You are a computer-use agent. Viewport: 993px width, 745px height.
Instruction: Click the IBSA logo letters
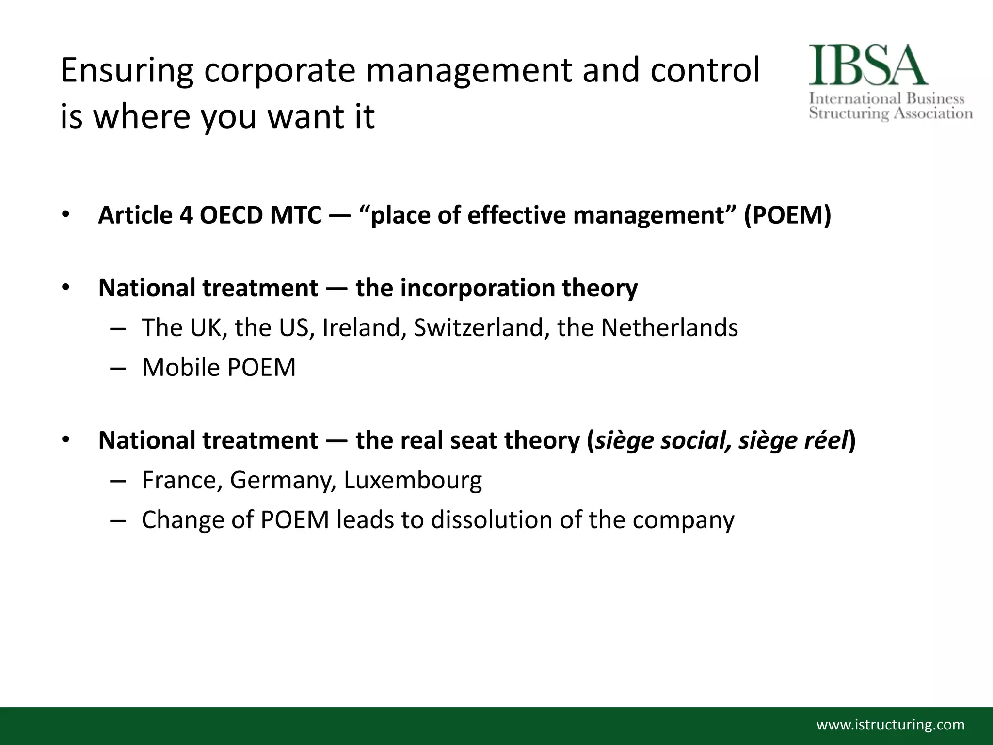[868, 65]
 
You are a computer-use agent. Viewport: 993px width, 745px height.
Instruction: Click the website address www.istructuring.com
[891, 725]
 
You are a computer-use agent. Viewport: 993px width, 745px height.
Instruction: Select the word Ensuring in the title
[127, 71]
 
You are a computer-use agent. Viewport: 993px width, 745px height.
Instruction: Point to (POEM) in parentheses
[787, 215]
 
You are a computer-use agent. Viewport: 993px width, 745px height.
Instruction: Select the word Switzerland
[481, 328]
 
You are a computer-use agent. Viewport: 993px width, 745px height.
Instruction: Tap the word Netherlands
[670, 328]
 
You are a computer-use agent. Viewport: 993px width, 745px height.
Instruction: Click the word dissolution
[492, 520]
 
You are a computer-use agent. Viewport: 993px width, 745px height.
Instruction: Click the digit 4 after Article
[186, 215]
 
